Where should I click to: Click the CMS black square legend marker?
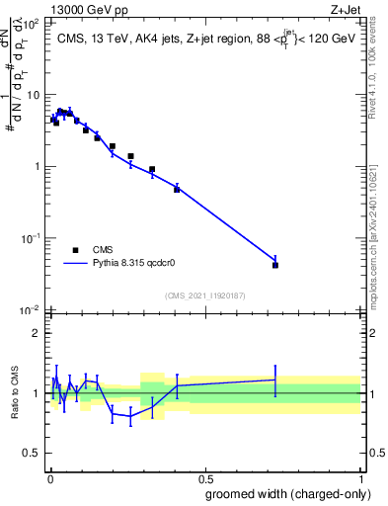tap(76, 250)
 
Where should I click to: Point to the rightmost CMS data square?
tap(275, 265)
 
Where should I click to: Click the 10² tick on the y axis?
tap(31, 23)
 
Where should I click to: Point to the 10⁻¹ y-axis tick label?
tap(30, 238)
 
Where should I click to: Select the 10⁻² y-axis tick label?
tap(30, 309)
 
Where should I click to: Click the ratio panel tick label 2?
tap(38, 333)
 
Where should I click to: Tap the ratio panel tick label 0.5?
tap(33, 453)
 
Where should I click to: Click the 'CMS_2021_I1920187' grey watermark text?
tap(204, 295)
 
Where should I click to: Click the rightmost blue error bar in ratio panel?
tap(275, 379)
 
